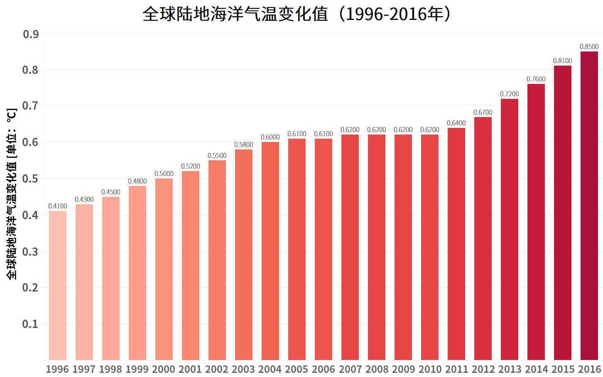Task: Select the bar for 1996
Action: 58,285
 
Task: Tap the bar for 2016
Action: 589,206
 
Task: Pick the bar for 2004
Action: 270,251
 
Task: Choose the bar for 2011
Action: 456,244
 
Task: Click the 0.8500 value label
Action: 589,47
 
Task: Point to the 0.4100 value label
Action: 58,206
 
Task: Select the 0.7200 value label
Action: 510,94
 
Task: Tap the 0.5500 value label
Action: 217,155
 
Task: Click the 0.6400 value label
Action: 456,123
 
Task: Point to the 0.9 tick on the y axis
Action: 30,34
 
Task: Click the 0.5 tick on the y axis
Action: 30,179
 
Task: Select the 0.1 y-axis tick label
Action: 30,324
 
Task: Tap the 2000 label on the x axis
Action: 164,369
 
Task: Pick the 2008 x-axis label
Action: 377,369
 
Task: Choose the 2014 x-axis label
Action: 536,369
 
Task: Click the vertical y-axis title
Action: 12,193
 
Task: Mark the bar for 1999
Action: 137,273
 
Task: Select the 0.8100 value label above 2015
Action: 563,61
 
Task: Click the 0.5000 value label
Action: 164,174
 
